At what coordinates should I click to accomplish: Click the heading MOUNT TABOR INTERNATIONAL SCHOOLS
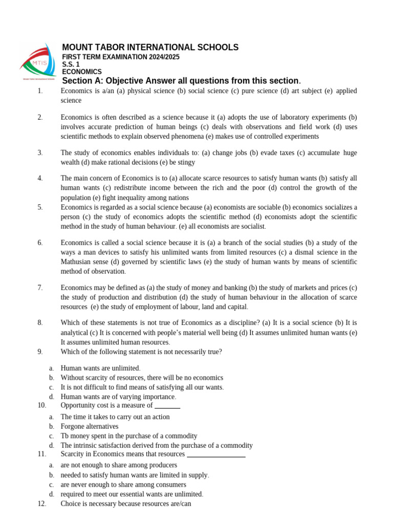pos(150,48)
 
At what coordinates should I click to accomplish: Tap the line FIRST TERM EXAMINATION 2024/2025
pos(121,57)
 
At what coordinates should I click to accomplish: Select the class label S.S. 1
pos(71,64)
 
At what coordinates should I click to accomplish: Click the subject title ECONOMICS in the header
pos(82,72)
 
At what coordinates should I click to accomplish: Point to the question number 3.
pos(40,152)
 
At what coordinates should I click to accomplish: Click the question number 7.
pos(40,288)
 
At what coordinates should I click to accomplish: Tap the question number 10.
pos(42,405)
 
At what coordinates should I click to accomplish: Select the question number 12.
pos(42,504)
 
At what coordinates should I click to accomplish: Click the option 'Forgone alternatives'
pos(89,426)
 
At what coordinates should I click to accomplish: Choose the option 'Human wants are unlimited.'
pos(100,368)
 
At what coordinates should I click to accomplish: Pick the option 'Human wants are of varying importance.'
pos(118,397)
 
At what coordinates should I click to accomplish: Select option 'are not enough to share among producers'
pos(119,465)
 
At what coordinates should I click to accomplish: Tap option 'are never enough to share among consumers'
pos(123,485)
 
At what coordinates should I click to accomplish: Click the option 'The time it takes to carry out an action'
pos(115,417)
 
